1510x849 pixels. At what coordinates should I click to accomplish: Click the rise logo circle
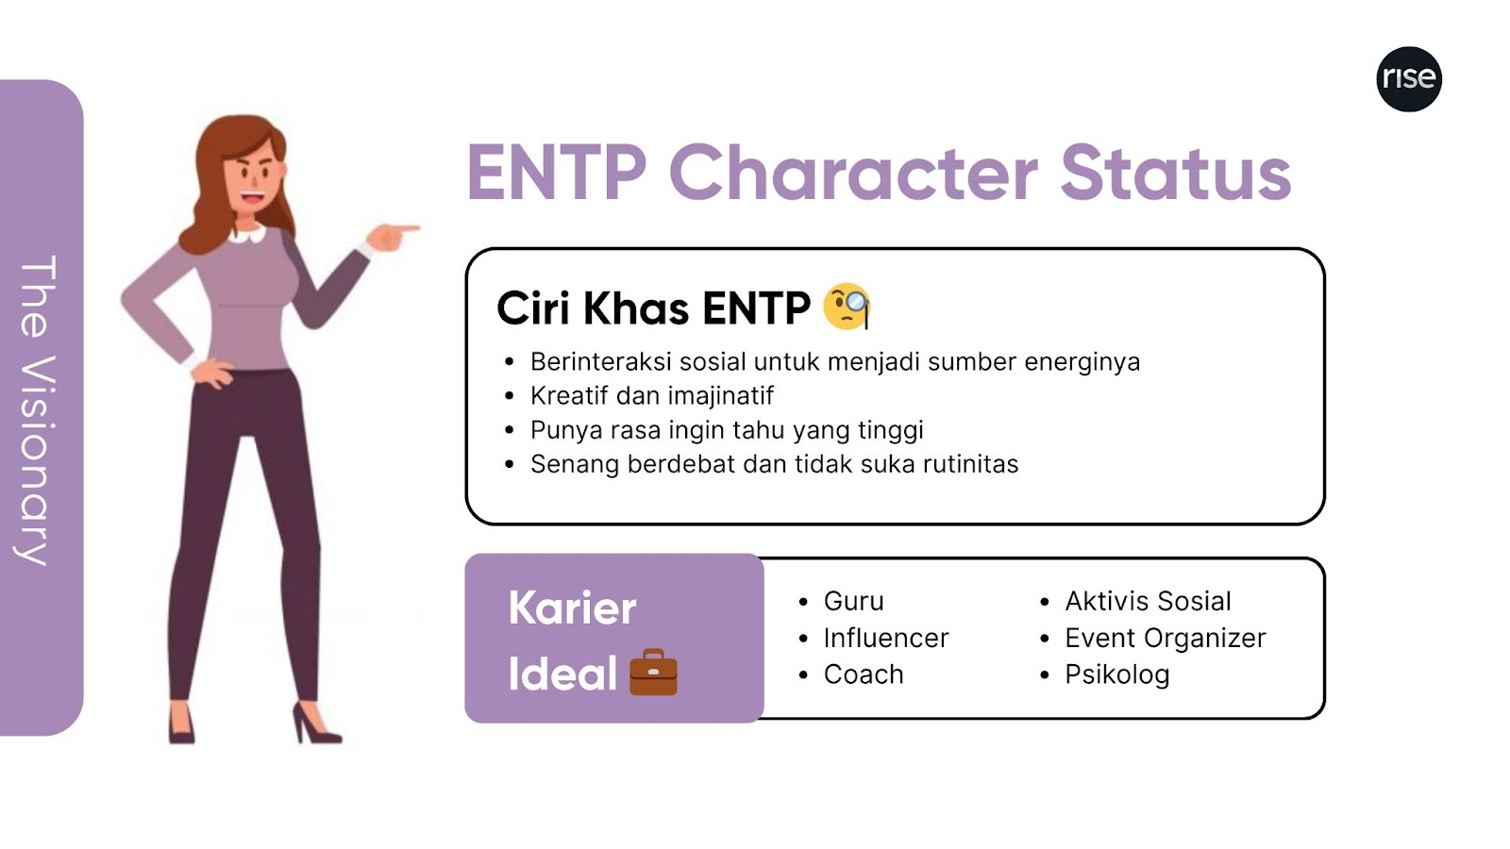[x=1409, y=79]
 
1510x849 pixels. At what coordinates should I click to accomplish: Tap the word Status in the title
[x=1176, y=174]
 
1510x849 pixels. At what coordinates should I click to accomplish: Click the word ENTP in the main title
[x=557, y=174]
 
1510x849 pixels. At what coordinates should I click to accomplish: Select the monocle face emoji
[x=847, y=307]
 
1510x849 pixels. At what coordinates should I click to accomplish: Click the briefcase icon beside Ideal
[x=653, y=672]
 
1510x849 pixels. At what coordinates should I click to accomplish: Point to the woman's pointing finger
[x=405, y=229]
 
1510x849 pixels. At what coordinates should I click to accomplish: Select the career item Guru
[x=853, y=601]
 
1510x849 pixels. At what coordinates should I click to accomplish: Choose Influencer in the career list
[x=886, y=638]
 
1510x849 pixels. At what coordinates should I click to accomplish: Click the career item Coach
[x=864, y=674]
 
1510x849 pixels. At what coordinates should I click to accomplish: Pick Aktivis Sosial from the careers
[x=1148, y=601]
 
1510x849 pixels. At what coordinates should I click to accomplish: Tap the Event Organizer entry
[x=1166, y=638]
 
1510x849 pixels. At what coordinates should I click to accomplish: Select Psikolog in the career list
[x=1117, y=674]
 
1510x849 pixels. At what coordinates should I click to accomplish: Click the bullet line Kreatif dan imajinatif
[x=652, y=396]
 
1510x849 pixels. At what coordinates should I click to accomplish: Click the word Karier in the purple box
[x=572, y=608]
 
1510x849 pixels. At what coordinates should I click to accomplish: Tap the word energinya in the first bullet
[x=1082, y=362]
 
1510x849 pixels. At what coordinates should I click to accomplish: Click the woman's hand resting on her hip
[x=212, y=373]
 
